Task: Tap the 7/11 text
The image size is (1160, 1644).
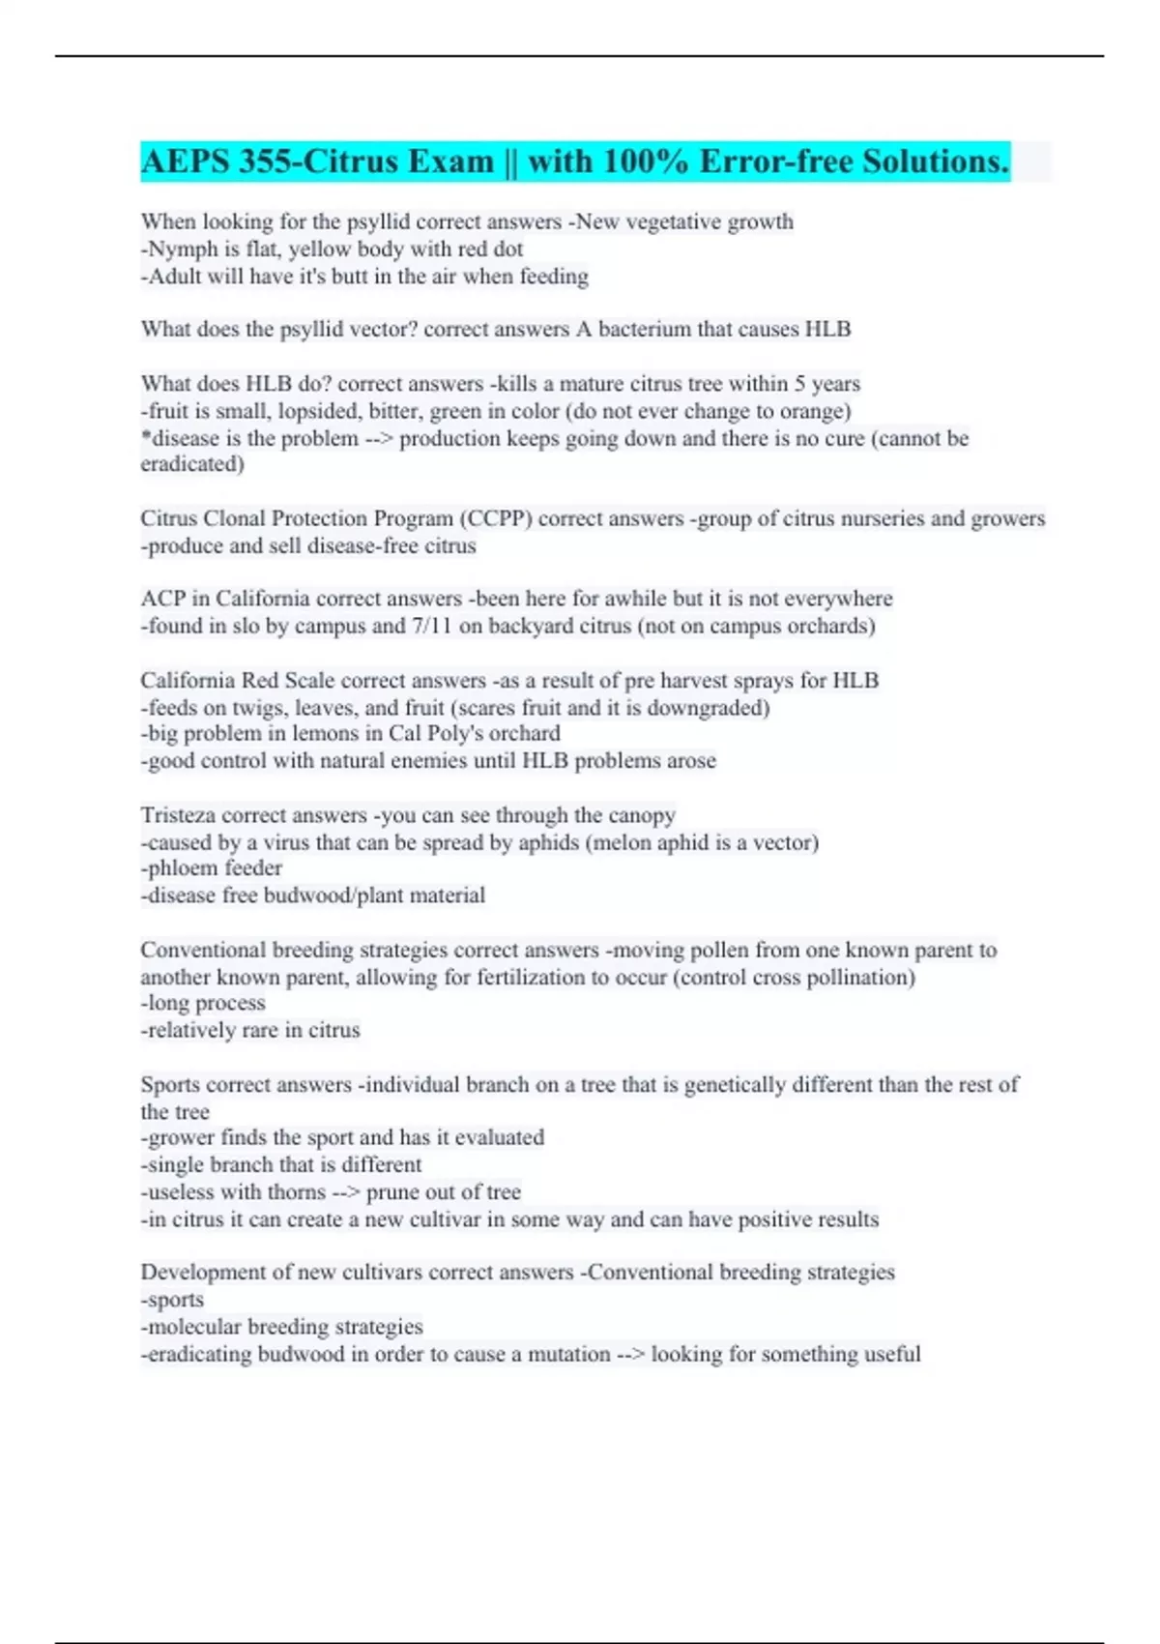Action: click(x=432, y=627)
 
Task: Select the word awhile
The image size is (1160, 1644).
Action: click(x=559, y=599)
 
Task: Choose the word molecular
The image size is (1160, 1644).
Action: click(x=194, y=1327)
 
